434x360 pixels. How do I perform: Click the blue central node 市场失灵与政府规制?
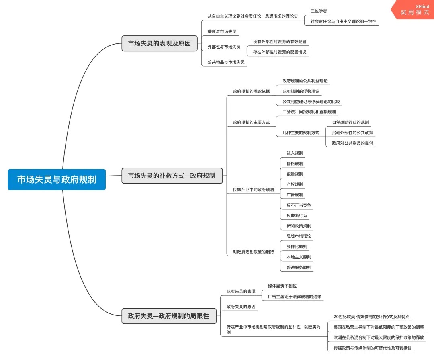point(57,180)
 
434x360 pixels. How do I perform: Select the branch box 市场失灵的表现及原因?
point(160,43)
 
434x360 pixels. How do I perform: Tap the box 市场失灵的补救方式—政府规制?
point(172,176)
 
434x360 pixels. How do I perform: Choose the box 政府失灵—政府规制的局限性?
point(168,316)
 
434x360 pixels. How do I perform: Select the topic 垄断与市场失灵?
point(222,31)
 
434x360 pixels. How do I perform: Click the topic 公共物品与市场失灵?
point(226,62)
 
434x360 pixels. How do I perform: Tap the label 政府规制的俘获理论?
point(301,91)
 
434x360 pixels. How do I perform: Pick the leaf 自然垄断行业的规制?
point(350,122)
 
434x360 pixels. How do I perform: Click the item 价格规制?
point(295,164)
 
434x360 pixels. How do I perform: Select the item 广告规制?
point(295,195)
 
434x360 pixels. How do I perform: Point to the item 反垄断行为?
point(297,216)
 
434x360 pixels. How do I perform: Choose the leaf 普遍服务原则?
point(299,267)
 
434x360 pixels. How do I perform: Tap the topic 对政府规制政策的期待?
point(253,252)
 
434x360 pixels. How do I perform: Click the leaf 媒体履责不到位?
point(282,286)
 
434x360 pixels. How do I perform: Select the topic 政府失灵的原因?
point(241,307)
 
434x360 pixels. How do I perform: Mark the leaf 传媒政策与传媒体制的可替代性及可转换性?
point(373,348)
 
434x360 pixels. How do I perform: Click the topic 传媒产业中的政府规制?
point(253,190)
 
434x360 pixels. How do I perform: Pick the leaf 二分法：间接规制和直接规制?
point(309,112)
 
